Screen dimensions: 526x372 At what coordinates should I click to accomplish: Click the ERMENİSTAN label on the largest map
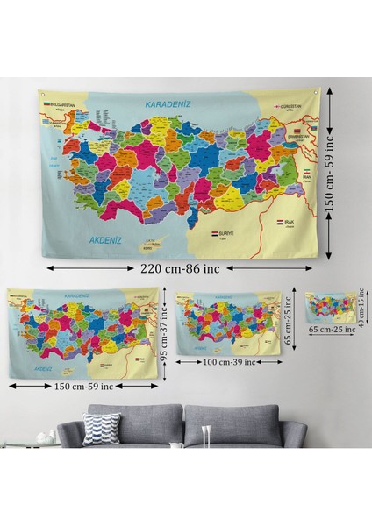point(299,137)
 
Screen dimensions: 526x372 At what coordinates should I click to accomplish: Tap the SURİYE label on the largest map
point(226,235)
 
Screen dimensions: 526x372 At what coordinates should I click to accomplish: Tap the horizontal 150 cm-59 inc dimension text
point(85,386)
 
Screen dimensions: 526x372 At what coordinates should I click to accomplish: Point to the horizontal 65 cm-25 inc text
point(329,330)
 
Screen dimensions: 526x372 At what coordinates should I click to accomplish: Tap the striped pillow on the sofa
point(101,429)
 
